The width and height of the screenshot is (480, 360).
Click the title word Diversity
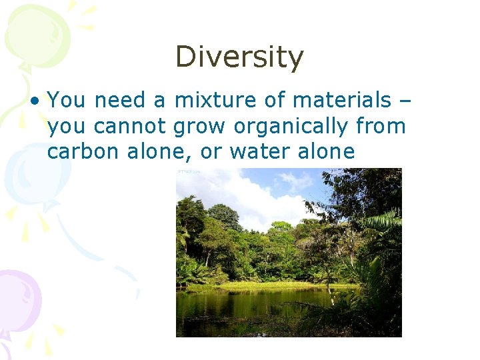tap(239, 57)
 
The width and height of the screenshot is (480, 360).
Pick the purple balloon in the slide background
tap(17, 300)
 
